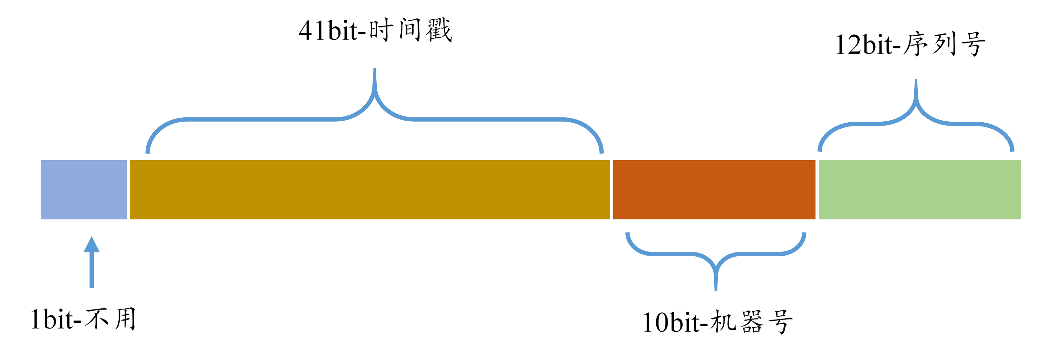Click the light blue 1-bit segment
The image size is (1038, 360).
83,189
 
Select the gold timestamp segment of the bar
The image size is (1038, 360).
370,189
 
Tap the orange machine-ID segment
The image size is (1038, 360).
714,189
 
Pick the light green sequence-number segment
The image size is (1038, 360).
919,189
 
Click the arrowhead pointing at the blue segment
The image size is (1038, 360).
91,244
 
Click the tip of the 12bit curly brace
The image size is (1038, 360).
916,81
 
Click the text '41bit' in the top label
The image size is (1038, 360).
328,31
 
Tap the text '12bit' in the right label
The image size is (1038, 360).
864,44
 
